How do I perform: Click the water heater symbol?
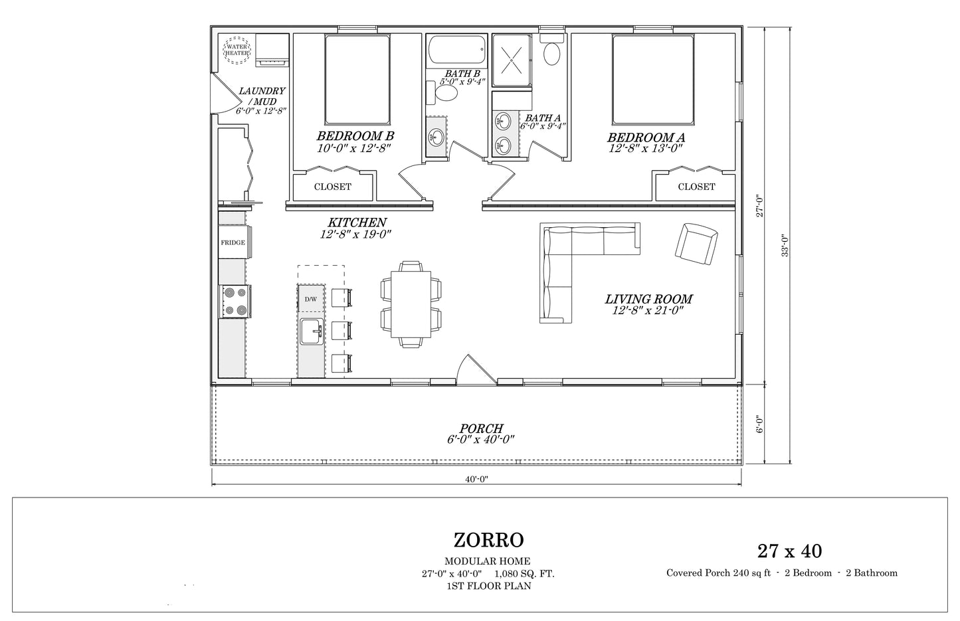point(237,50)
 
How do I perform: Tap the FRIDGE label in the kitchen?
point(233,242)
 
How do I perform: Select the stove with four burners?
point(235,302)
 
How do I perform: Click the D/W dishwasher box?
point(311,298)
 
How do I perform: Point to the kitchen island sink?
point(311,331)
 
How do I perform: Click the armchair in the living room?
point(696,244)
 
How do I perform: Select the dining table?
point(411,304)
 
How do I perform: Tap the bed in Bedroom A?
point(653,80)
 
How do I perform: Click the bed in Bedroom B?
point(357,80)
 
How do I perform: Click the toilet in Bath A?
point(551,50)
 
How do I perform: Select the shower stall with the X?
point(512,60)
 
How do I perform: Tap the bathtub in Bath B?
point(456,51)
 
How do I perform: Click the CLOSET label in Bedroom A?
point(696,187)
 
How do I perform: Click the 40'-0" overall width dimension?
point(476,479)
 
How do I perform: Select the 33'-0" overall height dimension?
point(785,245)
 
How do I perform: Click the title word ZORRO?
point(488,540)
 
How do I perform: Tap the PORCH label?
point(481,428)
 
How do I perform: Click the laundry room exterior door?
point(225,94)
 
